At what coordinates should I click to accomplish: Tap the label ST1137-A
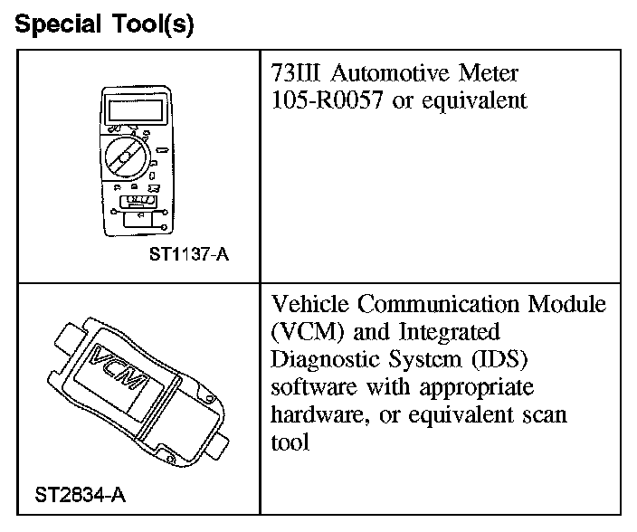[189, 254]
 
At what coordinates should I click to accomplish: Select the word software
[310, 386]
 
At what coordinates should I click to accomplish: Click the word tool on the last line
[289, 442]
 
